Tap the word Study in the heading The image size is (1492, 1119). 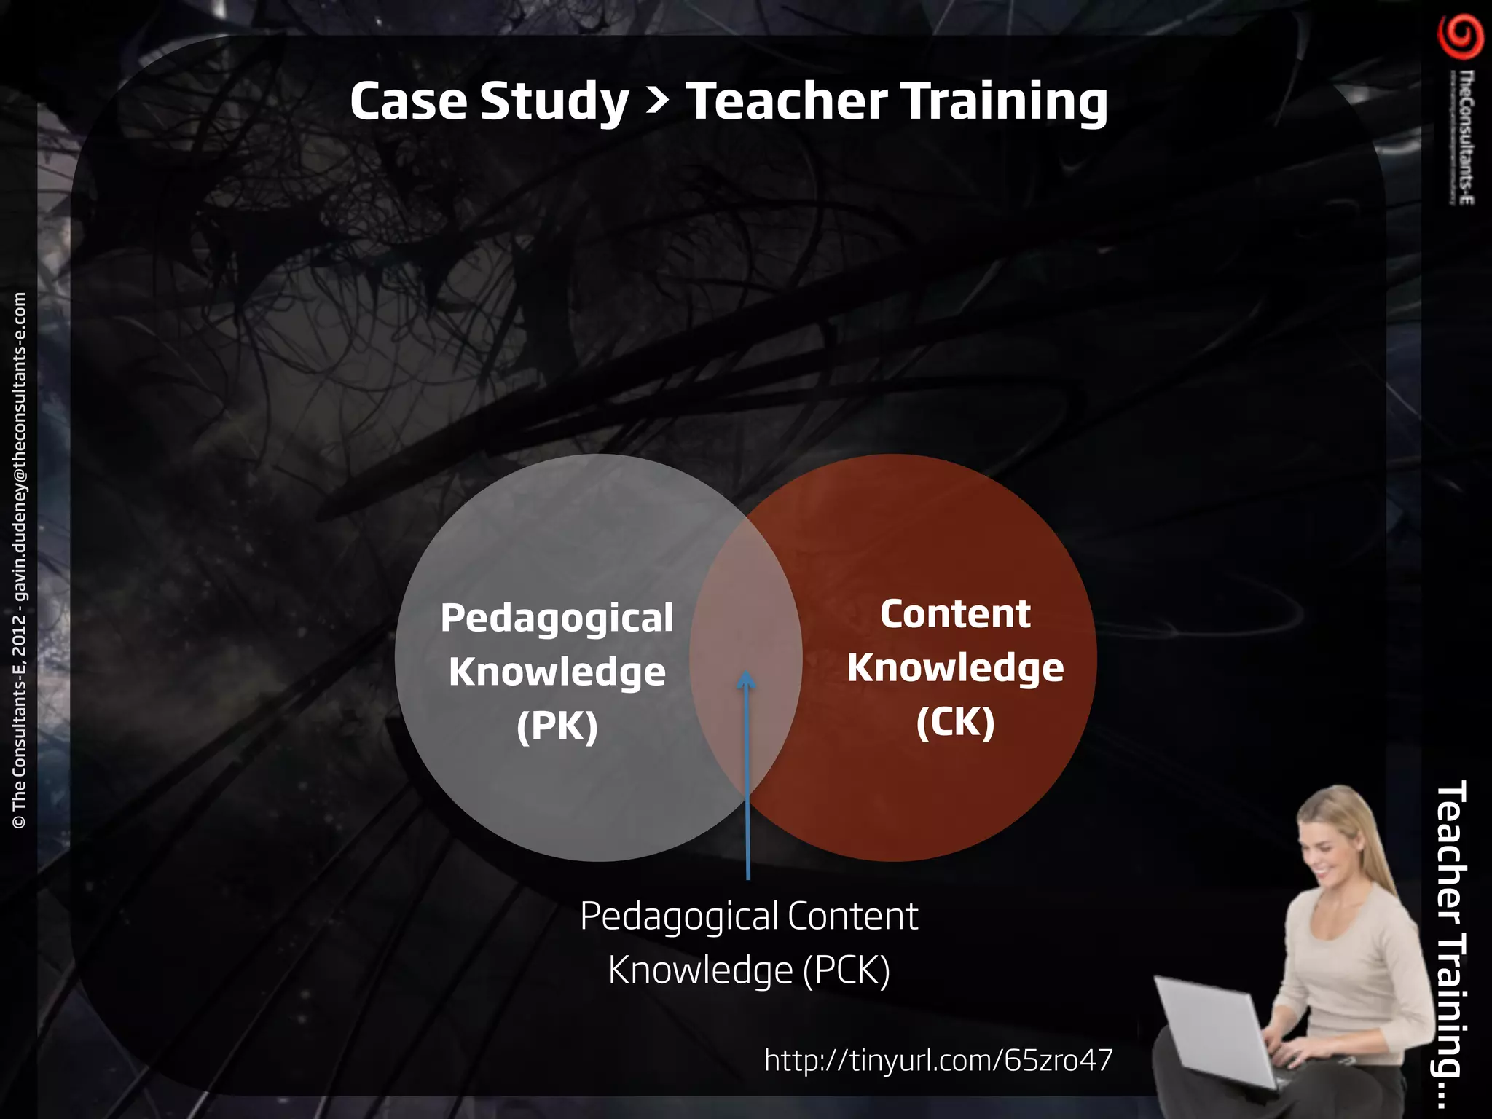(x=554, y=102)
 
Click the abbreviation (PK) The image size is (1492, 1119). (x=557, y=726)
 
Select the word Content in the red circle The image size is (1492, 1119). (x=955, y=613)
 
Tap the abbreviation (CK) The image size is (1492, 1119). (x=955, y=722)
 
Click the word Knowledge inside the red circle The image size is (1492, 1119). (x=955, y=668)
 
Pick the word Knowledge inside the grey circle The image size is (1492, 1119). (x=557, y=672)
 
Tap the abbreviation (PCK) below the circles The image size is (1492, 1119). (x=847, y=970)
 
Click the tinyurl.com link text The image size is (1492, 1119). (x=938, y=1060)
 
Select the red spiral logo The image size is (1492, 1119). (x=1460, y=37)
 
